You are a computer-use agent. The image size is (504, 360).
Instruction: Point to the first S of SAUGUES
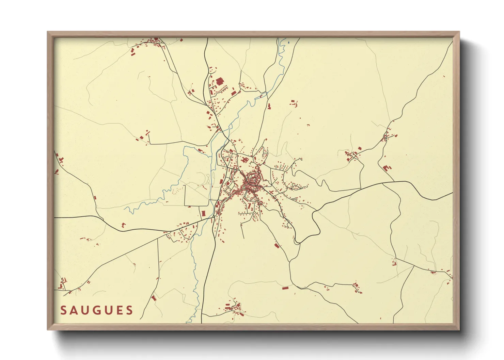tap(63, 310)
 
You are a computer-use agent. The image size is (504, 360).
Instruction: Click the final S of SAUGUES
tap(129, 310)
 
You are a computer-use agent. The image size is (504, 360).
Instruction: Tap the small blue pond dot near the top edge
tap(288, 43)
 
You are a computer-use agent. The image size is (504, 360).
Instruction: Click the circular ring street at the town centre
tap(252, 178)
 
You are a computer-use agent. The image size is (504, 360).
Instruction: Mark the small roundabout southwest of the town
tap(214, 216)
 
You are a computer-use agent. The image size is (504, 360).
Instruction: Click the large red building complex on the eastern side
tap(387, 168)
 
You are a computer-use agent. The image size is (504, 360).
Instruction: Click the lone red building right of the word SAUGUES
tap(154, 298)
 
